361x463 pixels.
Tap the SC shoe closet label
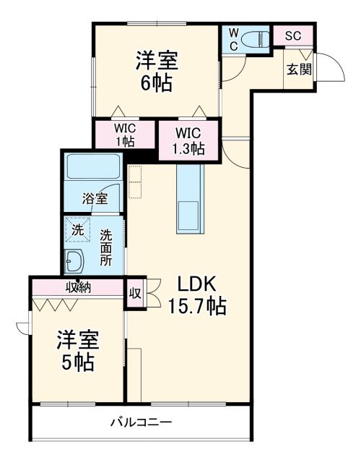292,35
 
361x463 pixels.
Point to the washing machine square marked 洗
77,229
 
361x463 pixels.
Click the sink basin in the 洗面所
75,260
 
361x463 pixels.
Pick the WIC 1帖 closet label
124,135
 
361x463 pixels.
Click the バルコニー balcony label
141,421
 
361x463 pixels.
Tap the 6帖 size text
156,82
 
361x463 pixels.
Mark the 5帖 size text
78,362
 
